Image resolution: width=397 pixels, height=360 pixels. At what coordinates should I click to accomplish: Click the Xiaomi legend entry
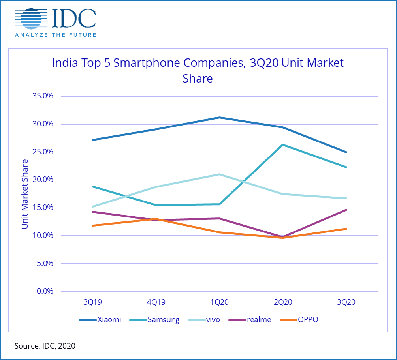coord(100,320)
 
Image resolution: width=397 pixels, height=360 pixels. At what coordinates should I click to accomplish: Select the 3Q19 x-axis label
coord(92,303)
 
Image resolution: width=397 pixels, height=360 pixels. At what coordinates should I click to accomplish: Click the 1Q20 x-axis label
coord(219,303)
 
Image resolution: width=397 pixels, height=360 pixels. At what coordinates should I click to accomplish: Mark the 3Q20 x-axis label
coord(346,303)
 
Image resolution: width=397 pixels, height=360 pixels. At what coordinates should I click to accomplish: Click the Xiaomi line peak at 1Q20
coord(219,117)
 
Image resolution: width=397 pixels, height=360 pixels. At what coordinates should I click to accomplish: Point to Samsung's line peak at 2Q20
coord(283,144)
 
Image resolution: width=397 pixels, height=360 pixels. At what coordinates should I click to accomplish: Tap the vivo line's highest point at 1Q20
coord(219,174)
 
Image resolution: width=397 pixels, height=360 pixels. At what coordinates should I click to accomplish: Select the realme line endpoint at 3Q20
coord(346,210)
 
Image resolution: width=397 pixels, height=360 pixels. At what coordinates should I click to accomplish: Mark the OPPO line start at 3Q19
coord(92,225)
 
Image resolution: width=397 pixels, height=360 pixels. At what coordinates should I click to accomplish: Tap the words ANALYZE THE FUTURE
coord(55,35)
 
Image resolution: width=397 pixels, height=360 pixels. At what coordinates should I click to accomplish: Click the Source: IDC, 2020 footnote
coord(45,346)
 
